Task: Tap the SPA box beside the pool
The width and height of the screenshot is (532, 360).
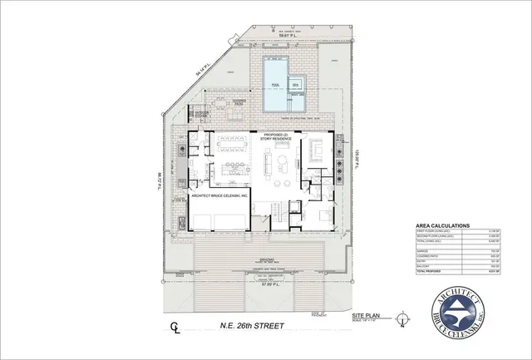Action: [295, 85]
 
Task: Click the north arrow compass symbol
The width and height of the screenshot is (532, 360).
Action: [403, 320]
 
